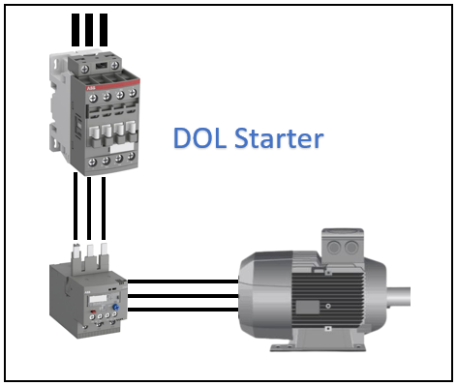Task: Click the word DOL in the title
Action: pos(199,138)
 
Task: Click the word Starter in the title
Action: pos(279,138)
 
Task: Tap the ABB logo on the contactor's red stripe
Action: pos(91,88)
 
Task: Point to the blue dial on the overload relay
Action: pos(115,307)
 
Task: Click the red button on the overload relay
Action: pos(93,312)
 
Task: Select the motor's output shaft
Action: pos(398,297)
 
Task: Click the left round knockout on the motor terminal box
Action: pos(334,248)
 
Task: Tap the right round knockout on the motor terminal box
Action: pos(350,248)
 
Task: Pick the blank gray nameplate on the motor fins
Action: pos(308,307)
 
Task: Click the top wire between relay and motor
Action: pos(183,282)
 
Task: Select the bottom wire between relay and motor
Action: pos(183,310)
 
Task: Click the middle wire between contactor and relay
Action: pos(89,208)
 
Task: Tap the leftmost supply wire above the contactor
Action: pos(76,30)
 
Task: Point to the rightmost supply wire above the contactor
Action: pos(104,30)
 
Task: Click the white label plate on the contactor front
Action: pos(122,148)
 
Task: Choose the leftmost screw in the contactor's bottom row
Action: pos(93,162)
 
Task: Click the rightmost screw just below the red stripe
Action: pos(133,93)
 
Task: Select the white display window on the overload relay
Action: pos(98,299)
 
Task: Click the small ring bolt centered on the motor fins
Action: pos(328,306)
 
